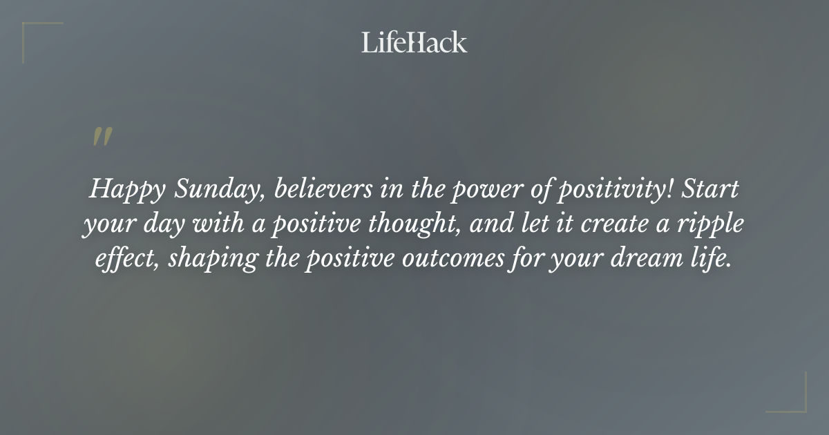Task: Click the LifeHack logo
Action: [414, 42]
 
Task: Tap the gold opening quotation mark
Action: [102, 137]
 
